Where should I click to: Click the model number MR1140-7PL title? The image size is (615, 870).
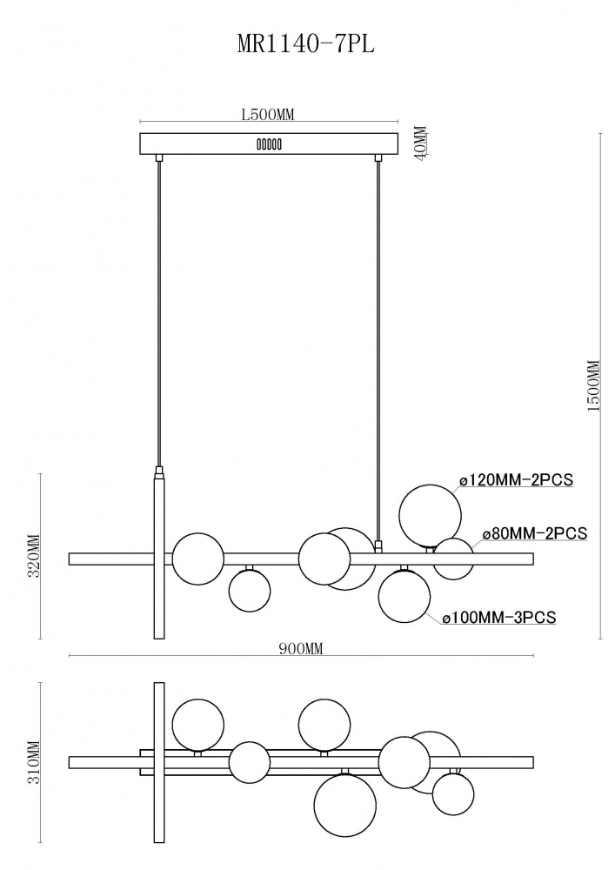tap(306, 44)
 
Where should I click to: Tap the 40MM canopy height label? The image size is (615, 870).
tap(422, 144)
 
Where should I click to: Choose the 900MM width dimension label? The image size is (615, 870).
tap(301, 649)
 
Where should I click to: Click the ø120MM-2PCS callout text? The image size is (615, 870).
tap(516, 478)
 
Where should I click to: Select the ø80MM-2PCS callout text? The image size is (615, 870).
tap(535, 534)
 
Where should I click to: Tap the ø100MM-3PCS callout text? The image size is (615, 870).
tap(499, 617)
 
